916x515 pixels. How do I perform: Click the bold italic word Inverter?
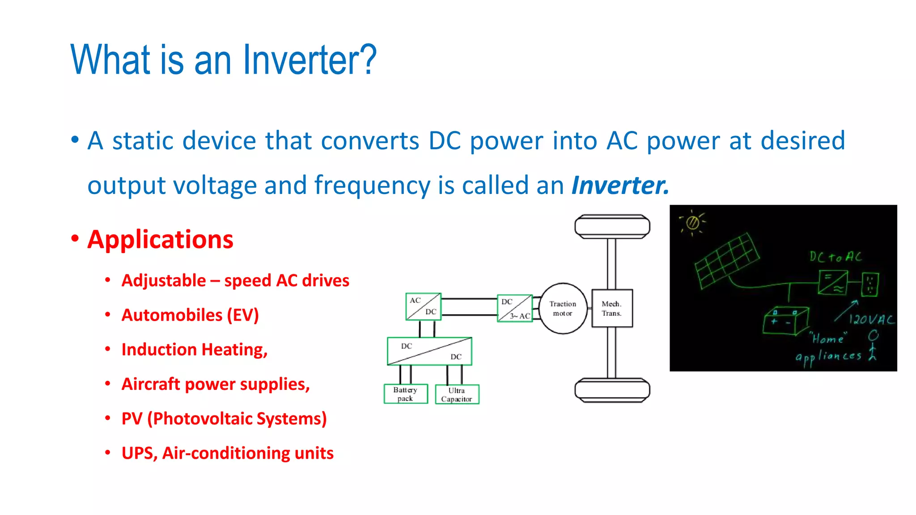620,185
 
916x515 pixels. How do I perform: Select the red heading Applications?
160,240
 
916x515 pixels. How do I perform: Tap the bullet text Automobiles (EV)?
190,315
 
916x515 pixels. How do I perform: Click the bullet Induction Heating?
195,350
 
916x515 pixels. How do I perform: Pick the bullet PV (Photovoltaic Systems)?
224,419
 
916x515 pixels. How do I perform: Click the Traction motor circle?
563,308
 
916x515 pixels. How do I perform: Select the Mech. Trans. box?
612,308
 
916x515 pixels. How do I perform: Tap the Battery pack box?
406,394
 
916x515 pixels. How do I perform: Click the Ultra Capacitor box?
457,394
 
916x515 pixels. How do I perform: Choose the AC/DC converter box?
423,307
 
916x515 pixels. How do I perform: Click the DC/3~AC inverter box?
515,308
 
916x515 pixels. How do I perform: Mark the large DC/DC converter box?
429,351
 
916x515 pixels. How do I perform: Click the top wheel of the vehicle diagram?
612,227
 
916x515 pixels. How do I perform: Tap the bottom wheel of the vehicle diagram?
612,390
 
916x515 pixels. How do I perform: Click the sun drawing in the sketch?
692,222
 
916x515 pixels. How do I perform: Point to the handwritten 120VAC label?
871,319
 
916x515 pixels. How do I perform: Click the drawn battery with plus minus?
785,321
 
